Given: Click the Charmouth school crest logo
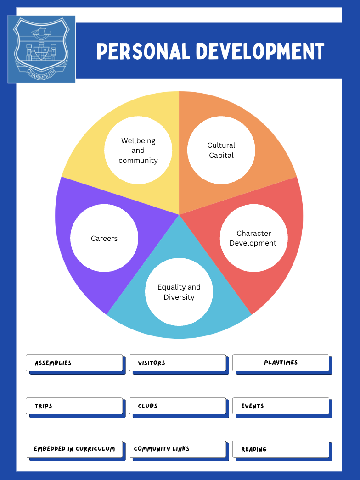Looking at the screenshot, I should (x=41, y=49).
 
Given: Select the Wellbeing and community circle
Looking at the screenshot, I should (x=138, y=151).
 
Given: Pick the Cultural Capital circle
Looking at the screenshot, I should (x=221, y=151).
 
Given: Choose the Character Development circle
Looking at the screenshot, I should (x=254, y=238).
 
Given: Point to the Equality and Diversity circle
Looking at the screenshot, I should (x=179, y=292).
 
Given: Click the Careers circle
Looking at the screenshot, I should (x=104, y=238).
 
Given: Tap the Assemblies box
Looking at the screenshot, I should (x=74, y=363).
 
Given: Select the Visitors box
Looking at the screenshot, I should (x=177, y=363).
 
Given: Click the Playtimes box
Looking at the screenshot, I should (x=281, y=363).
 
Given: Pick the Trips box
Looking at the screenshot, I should (x=74, y=406).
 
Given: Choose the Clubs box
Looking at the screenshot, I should (x=177, y=406).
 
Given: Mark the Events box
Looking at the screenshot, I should (x=281, y=406).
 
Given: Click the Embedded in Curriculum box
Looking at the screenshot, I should (x=74, y=449).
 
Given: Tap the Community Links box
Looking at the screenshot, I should (x=177, y=449).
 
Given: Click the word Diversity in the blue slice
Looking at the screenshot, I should (x=179, y=297).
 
